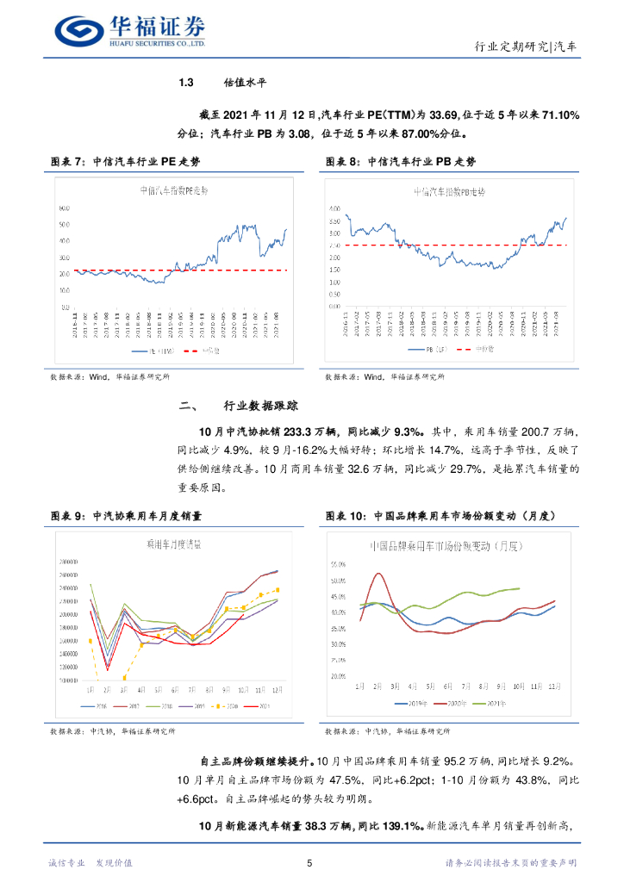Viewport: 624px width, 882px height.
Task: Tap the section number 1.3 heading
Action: pos(185,83)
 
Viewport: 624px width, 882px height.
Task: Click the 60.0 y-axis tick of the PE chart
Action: pos(64,208)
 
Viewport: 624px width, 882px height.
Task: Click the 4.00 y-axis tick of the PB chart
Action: pos(335,208)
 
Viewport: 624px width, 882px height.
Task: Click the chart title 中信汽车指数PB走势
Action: pos(449,191)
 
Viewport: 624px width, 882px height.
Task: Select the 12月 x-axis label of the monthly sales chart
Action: pos(276,690)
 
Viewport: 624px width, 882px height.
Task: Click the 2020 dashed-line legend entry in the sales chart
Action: pos(228,705)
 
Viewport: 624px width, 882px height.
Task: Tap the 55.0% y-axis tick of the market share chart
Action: pos(338,565)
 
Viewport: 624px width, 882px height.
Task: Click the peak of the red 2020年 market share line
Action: pos(377,574)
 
